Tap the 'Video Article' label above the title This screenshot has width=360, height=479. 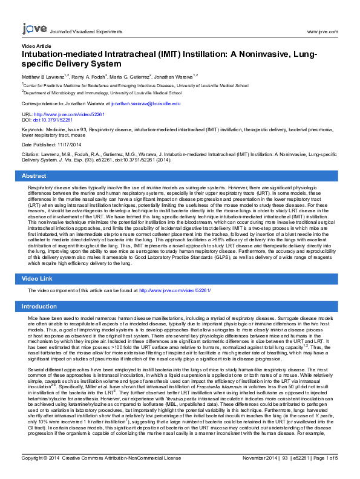click(36, 46)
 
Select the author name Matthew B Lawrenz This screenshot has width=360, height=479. click(44, 77)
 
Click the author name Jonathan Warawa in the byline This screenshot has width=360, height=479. click(172, 77)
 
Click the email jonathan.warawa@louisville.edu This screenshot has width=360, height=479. click(146, 104)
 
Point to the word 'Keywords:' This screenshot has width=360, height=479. click(32, 130)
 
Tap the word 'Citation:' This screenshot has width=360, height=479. click(30, 155)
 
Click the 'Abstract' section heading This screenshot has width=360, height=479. click(34, 175)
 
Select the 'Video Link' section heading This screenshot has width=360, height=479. click(38, 278)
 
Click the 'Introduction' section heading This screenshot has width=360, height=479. click(39, 307)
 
